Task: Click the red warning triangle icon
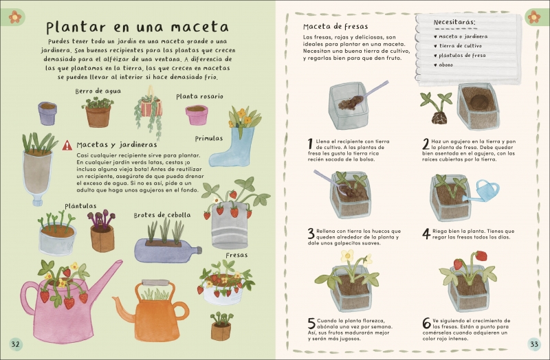[x=67, y=146]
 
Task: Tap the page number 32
[x=15, y=344]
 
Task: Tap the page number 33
[x=534, y=344]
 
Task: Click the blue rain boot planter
[x=230, y=147]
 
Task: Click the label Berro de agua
[x=98, y=91]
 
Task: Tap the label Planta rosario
[x=199, y=96]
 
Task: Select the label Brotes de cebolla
[x=162, y=215]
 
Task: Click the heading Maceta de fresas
[x=335, y=27]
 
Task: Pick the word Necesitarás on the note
[x=454, y=22]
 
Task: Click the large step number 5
[x=311, y=323]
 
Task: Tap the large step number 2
[x=426, y=144]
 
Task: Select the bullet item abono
[x=443, y=65]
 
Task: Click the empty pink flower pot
[x=197, y=115]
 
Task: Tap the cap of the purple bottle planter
[x=199, y=250]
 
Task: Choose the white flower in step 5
[x=347, y=255]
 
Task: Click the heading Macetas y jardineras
[x=117, y=145]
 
